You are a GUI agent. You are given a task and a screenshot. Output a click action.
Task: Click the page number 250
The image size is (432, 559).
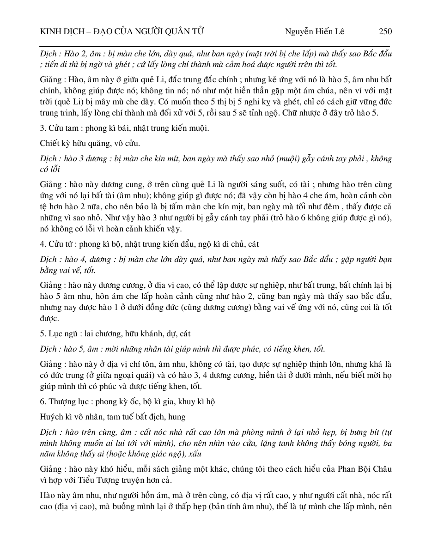click(x=385, y=31)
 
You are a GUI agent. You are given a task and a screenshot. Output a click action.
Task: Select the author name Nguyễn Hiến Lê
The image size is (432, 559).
click(x=314, y=31)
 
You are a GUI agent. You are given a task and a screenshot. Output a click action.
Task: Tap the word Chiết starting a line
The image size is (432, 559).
click(x=50, y=143)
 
